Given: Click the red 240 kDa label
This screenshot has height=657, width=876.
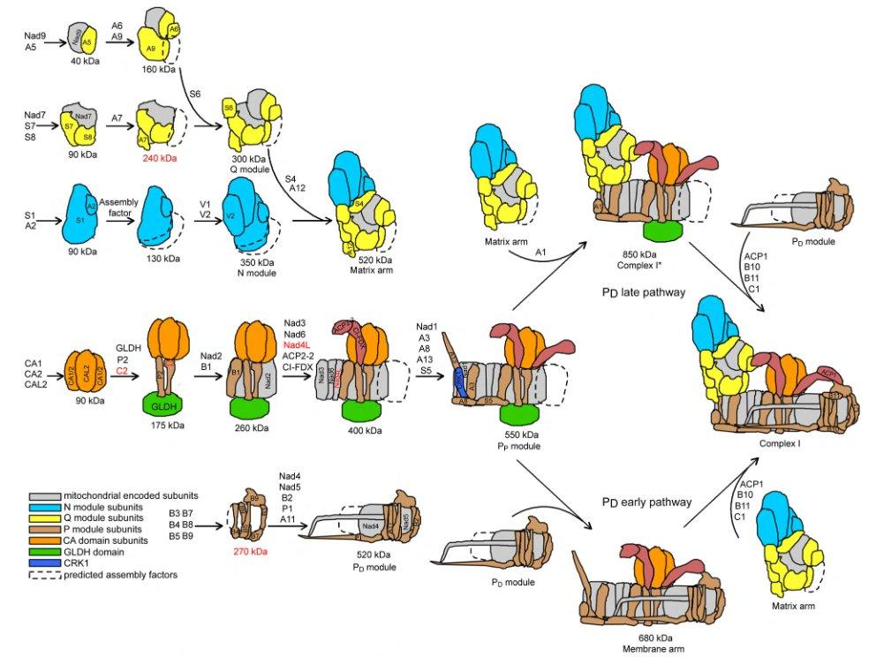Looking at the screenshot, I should coord(158,159).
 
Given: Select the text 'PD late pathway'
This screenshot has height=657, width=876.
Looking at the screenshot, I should coord(643,292).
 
